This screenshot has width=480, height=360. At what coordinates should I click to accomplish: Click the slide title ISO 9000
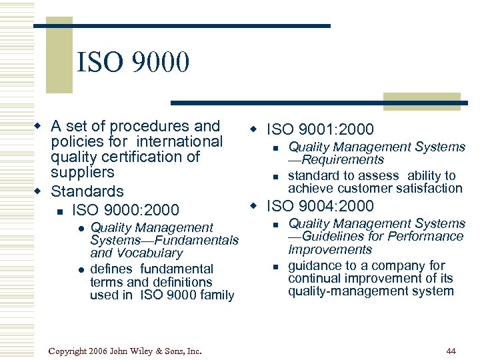point(133,63)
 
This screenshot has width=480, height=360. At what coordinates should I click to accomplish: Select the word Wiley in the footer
point(143,351)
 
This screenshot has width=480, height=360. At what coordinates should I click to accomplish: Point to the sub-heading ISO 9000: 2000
point(125,210)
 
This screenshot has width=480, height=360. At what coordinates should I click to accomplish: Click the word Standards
point(87,192)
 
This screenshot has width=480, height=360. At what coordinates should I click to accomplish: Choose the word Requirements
point(343,160)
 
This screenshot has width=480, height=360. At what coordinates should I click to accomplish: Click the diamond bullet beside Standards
point(39,192)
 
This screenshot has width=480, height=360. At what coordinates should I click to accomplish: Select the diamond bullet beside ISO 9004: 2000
point(253,205)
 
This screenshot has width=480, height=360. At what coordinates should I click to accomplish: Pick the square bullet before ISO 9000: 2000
point(59,211)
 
